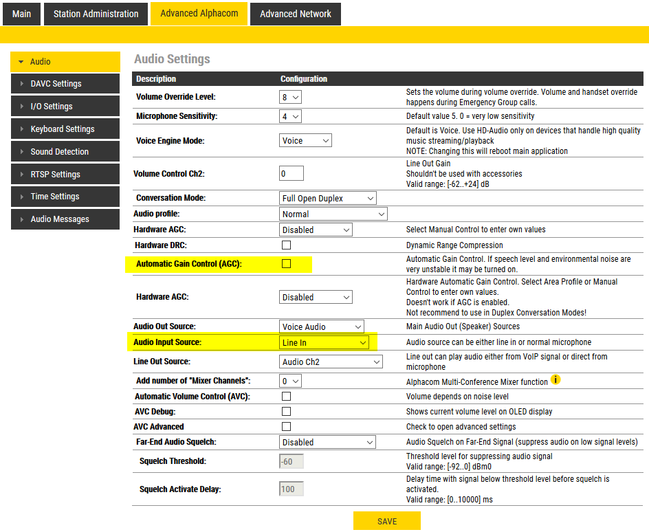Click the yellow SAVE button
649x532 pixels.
coord(386,521)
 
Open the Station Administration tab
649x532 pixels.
coord(96,14)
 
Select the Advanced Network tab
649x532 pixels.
coord(295,14)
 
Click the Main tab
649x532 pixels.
coord(21,14)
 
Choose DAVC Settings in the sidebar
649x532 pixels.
coord(56,84)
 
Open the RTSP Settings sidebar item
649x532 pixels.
coord(55,175)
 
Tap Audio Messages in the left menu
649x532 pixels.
coord(60,219)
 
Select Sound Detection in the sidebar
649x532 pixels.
coord(59,152)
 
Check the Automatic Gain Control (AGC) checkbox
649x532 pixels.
coord(287,264)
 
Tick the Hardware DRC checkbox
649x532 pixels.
coord(287,245)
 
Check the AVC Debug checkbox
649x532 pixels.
coord(287,412)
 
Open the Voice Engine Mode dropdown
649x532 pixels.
coord(306,141)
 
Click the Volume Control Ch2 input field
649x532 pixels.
coord(291,174)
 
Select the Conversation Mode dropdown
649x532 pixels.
coord(328,199)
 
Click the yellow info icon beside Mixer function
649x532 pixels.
coord(555,380)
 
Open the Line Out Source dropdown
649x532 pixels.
coord(331,362)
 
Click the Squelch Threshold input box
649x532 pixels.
coord(291,461)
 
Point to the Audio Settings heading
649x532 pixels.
coord(172,59)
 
